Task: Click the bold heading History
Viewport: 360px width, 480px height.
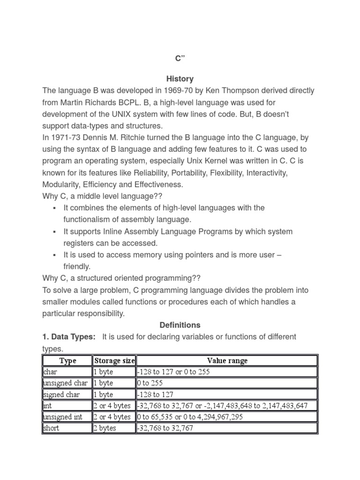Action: pyautogui.click(x=180, y=79)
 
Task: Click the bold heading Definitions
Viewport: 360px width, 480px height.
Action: pyautogui.click(x=180, y=325)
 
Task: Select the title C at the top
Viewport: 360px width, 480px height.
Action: pyautogui.click(x=180, y=58)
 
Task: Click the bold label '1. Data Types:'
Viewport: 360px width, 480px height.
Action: pyautogui.click(x=69, y=337)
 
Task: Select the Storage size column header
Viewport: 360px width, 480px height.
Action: pyautogui.click(x=114, y=360)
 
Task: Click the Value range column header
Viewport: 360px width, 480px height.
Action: pyautogui.click(x=227, y=360)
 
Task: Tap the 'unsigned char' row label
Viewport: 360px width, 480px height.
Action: pyautogui.click(x=65, y=383)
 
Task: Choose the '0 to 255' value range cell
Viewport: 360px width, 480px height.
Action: pyautogui.click(x=150, y=383)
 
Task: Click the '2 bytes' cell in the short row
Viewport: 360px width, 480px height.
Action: pyautogui.click(x=105, y=428)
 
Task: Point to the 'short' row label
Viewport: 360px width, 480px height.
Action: pyautogui.click(x=51, y=428)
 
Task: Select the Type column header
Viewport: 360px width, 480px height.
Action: pyautogui.click(x=68, y=360)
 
